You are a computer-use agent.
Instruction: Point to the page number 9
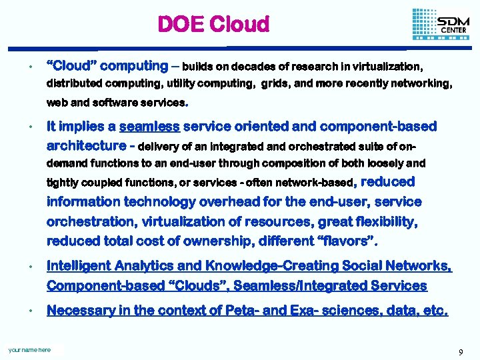(461, 351)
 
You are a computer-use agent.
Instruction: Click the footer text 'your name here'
(29, 349)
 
